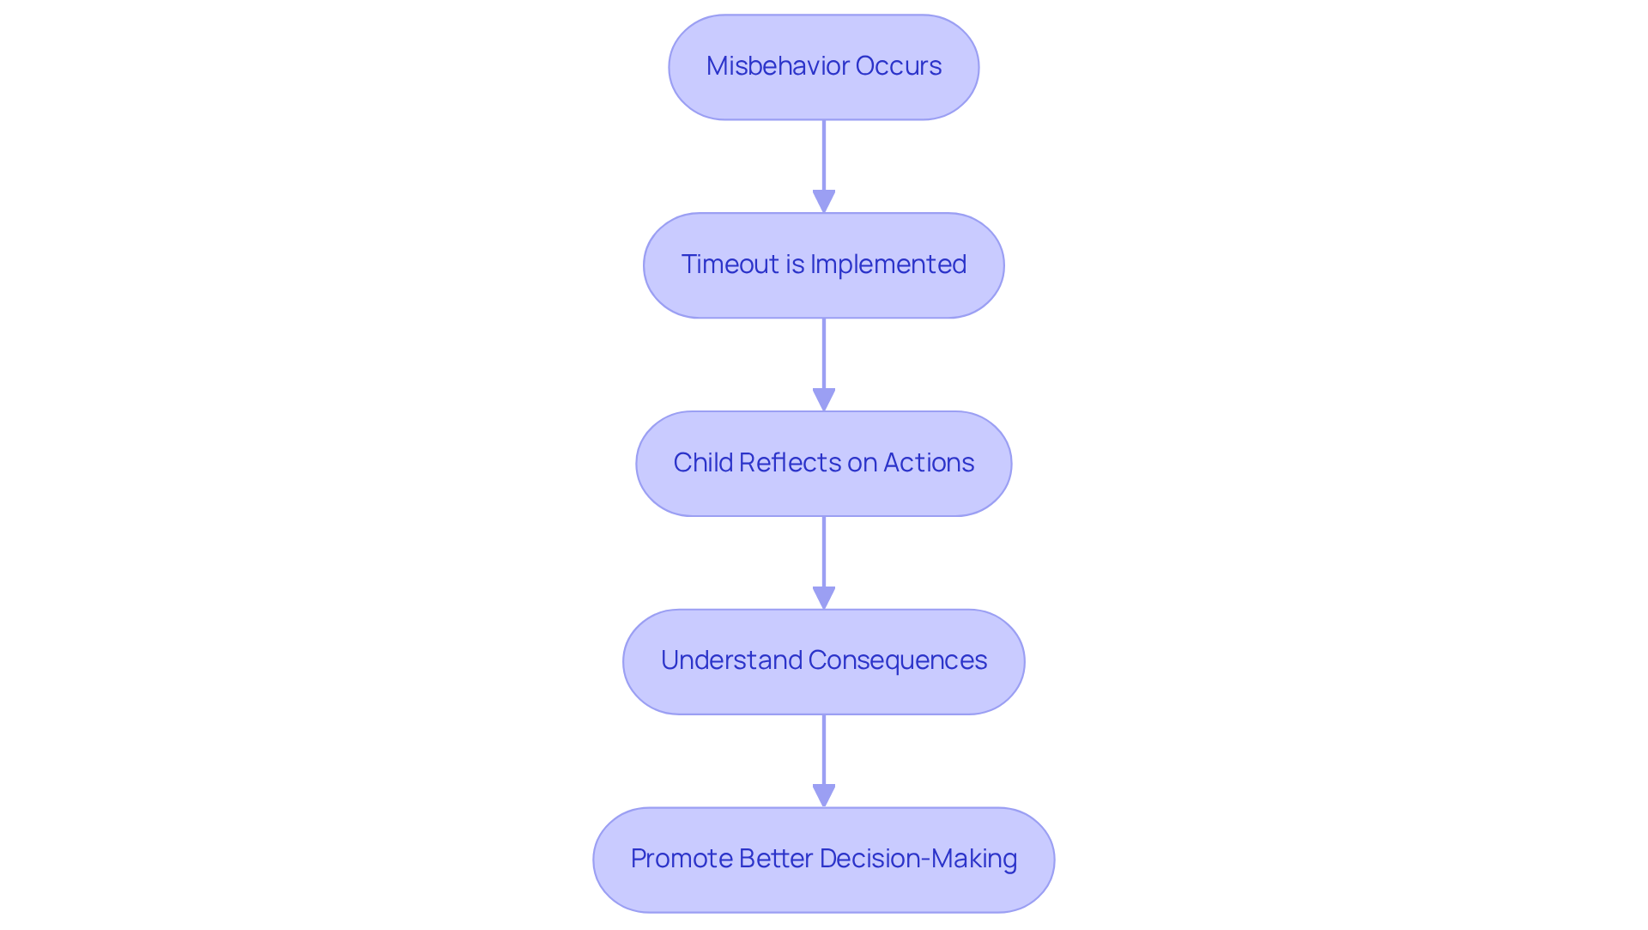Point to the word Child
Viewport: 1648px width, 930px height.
(x=703, y=463)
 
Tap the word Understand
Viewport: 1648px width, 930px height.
(x=731, y=660)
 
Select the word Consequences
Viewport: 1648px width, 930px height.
(x=898, y=660)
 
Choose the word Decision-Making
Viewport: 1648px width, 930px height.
(x=918, y=859)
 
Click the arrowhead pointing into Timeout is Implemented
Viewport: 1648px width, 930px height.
(x=824, y=202)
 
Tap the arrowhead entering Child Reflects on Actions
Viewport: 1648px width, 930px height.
(x=824, y=400)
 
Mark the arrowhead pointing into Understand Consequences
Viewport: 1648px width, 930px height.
(x=824, y=599)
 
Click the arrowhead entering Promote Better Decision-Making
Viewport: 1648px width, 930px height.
(x=824, y=796)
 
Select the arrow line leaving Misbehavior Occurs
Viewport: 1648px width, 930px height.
(x=824, y=155)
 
